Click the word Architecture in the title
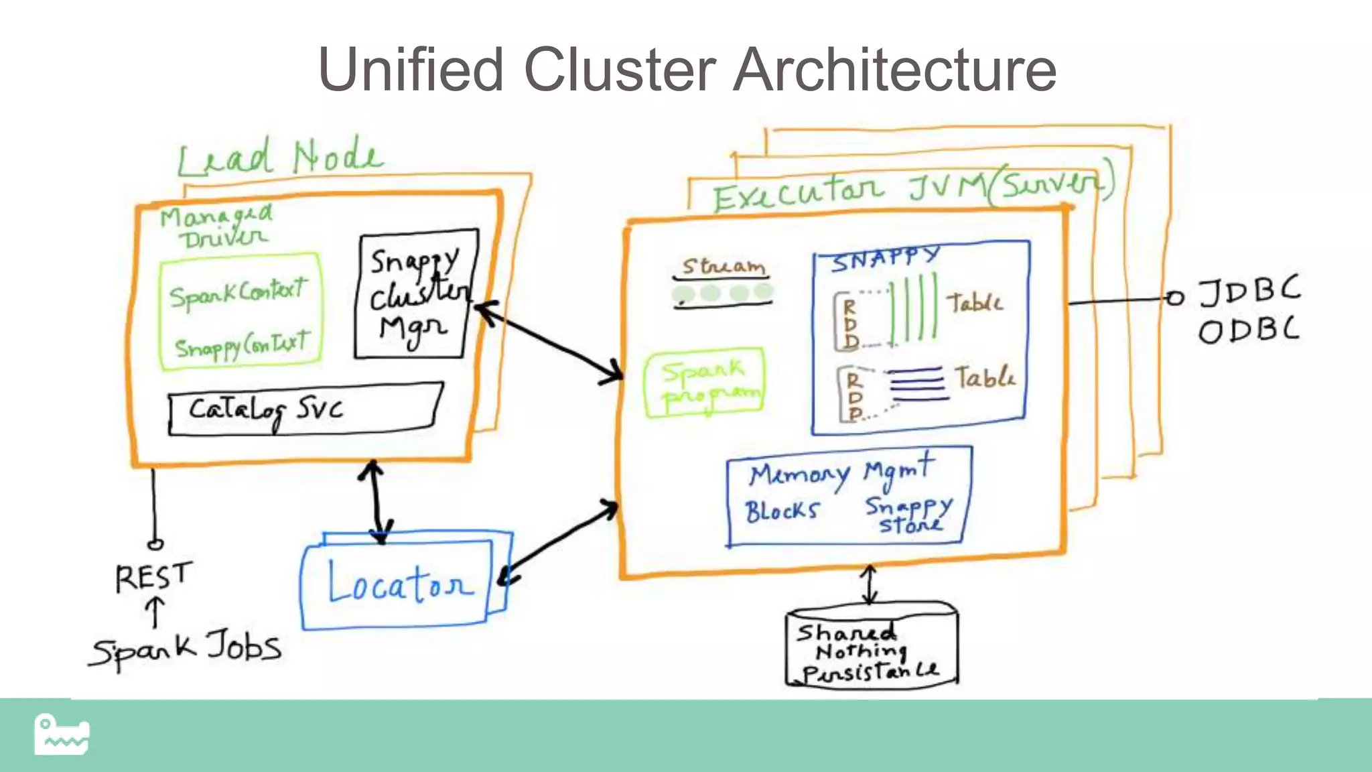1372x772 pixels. point(894,70)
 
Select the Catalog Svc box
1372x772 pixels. point(305,409)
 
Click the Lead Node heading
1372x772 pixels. point(280,157)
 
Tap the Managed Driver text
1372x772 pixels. point(216,227)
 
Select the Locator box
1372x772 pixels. point(399,583)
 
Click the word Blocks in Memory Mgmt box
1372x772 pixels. point(782,511)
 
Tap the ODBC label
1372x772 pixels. point(1248,331)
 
